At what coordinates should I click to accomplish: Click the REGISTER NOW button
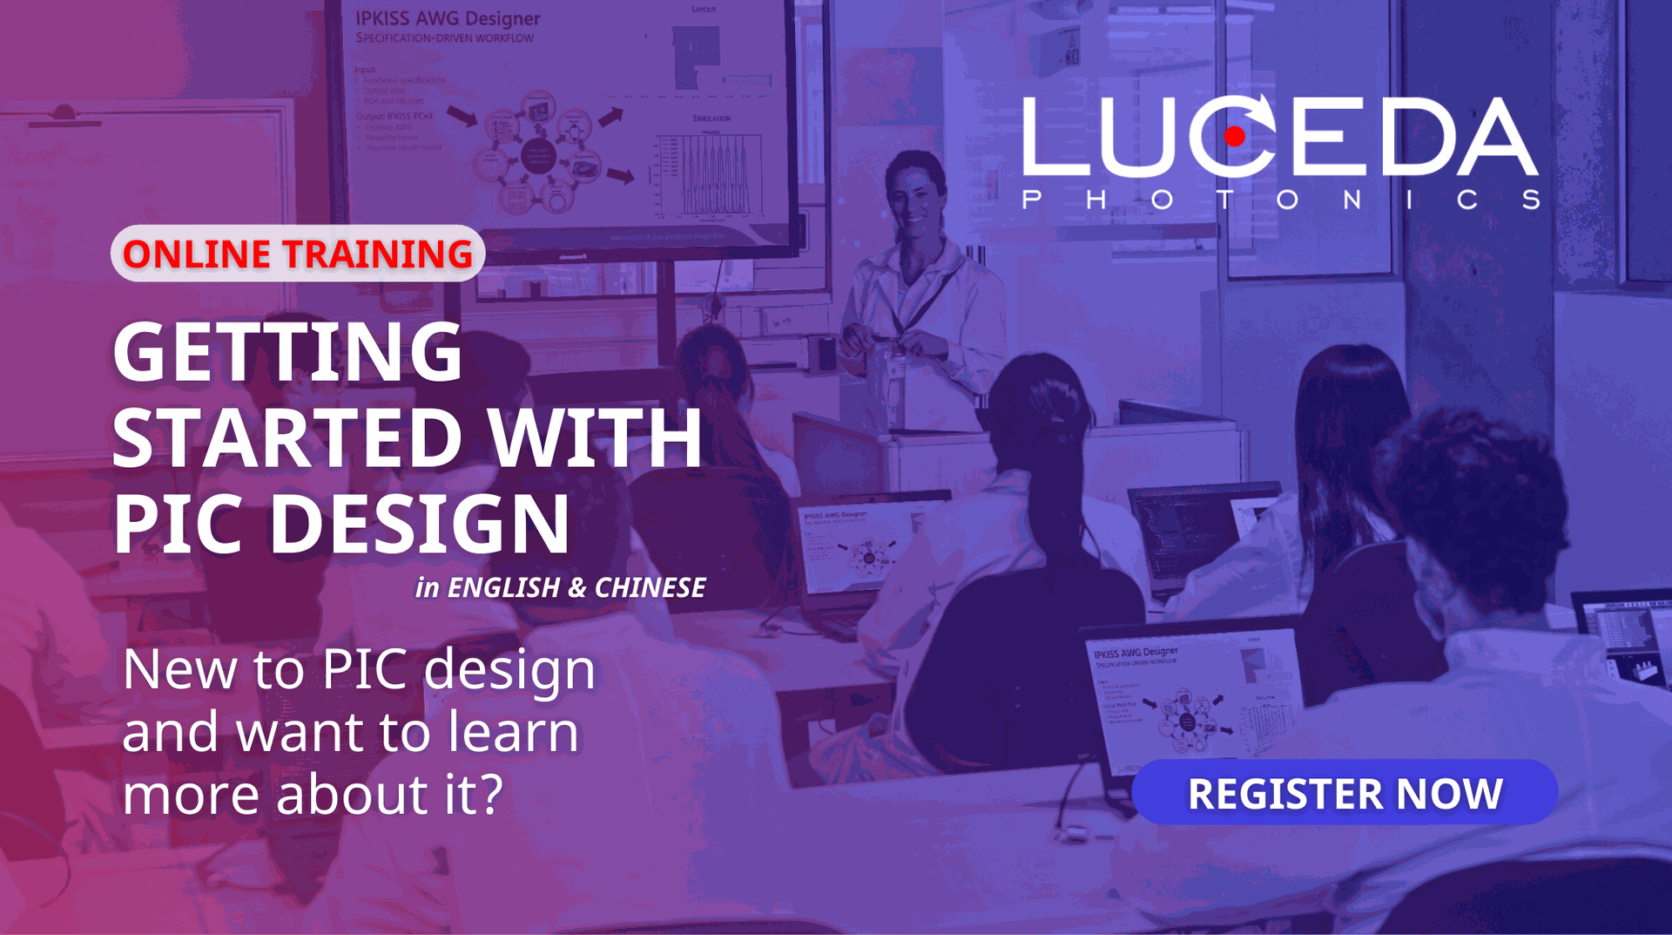(x=1345, y=792)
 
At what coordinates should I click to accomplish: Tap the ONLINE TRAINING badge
(x=297, y=254)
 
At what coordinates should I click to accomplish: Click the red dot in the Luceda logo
(x=1234, y=136)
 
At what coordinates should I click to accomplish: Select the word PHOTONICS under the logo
(x=1280, y=200)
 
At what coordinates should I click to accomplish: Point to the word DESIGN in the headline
(x=419, y=525)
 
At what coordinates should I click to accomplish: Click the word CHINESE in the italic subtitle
(x=650, y=588)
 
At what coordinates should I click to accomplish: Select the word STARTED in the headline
(x=287, y=437)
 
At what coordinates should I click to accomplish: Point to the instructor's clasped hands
(x=897, y=343)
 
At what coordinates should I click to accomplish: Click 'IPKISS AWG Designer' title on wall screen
(x=447, y=18)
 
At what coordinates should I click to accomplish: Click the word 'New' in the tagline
(x=179, y=669)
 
